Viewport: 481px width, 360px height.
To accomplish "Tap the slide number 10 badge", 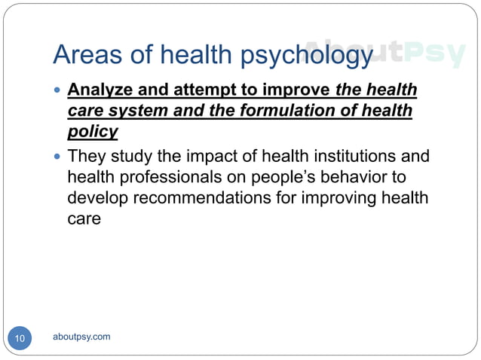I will pyautogui.click(x=20, y=339).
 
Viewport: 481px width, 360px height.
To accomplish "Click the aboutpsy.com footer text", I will pyautogui.click(x=82, y=337).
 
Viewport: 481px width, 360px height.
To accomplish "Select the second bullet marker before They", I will pyautogui.click(x=57, y=158).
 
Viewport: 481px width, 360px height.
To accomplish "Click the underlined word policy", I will pyautogui.click(x=93, y=132).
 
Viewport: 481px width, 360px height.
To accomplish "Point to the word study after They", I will pyautogui.click(x=126, y=157).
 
